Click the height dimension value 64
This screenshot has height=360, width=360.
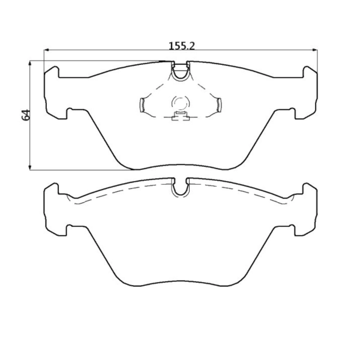point(26,115)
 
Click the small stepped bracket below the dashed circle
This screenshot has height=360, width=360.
point(180,116)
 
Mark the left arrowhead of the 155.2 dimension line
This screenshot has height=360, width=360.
point(48,51)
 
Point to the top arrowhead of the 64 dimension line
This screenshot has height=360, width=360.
point(31,63)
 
